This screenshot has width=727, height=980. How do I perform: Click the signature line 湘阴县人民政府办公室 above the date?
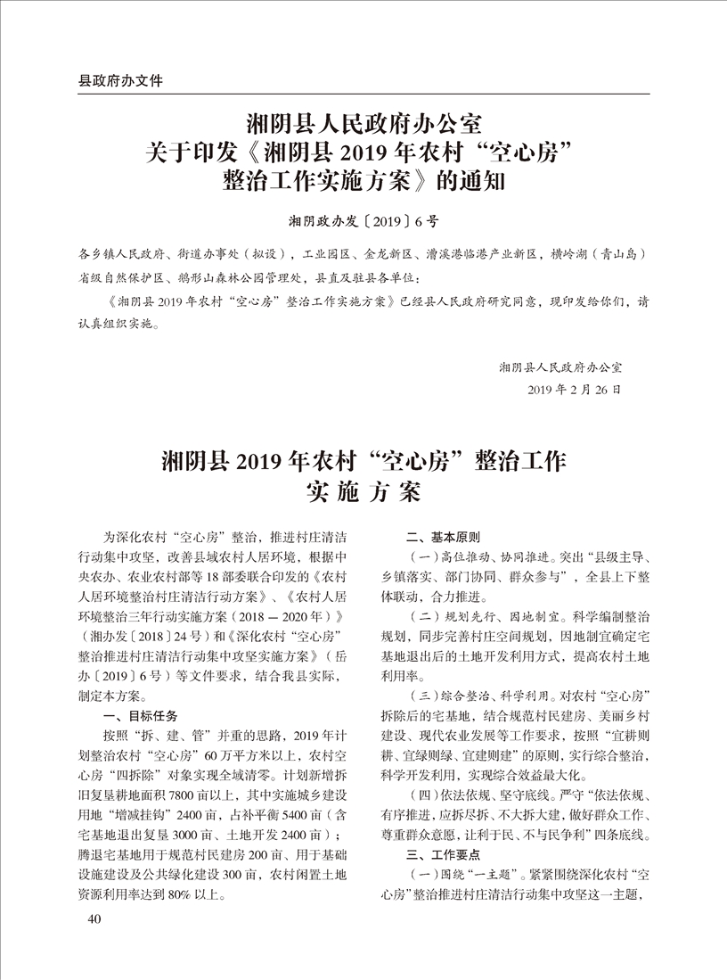pyautogui.click(x=560, y=366)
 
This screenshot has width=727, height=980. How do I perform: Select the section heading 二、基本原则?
pyautogui.click(x=443, y=538)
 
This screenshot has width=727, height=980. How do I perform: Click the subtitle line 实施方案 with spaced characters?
pyautogui.click(x=363, y=491)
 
